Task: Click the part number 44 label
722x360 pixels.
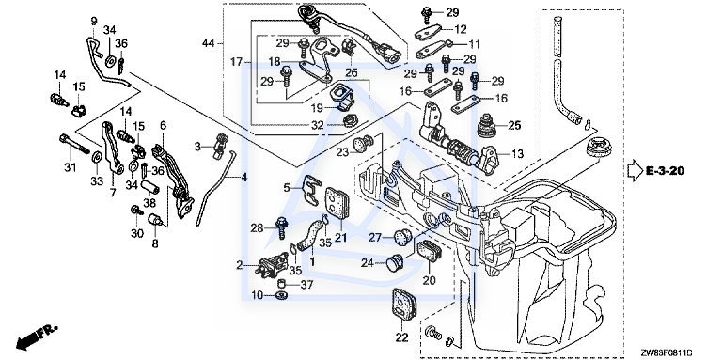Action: coord(209,43)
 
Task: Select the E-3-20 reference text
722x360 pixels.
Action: coord(665,171)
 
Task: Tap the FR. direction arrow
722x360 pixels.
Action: coord(36,337)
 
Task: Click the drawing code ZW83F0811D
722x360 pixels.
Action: coord(667,352)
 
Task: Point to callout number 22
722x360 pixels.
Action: coord(402,337)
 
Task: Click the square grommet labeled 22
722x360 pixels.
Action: coord(404,305)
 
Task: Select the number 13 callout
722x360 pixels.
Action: coord(518,154)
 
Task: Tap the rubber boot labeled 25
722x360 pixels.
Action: coord(489,125)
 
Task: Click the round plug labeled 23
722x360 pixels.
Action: coord(361,144)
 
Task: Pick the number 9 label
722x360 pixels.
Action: coord(94,22)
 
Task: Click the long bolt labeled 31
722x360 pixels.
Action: coord(73,144)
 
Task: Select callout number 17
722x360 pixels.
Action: coord(236,61)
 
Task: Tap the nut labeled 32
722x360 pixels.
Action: coord(351,121)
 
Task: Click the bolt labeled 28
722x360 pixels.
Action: coord(281,227)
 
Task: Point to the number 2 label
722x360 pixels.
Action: coord(240,265)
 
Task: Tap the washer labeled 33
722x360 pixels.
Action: coord(97,157)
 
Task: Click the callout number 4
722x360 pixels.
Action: coord(244,177)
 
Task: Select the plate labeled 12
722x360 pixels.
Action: coord(428,33)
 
